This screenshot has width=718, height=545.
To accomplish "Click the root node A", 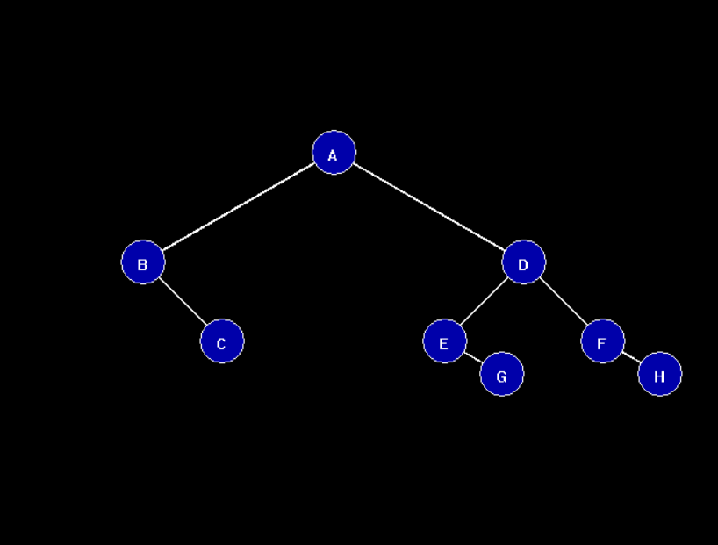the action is tap(334, 153).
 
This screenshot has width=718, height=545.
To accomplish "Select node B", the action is tap(143, 262).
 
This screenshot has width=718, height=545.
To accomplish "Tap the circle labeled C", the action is tap(222, 341).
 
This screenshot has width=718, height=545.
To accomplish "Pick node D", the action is tap(524, 262).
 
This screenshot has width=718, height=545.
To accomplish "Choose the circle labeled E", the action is tap(445, 341).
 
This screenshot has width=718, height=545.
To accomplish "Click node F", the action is tap(603, 341).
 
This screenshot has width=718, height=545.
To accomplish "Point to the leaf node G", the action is tap(502, 374).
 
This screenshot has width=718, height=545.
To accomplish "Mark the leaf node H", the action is tap(660, 374).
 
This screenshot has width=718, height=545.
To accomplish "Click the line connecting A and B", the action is tap(239, 207).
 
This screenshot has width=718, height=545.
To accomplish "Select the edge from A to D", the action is tap(428, 207).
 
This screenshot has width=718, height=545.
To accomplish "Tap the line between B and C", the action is tap(183, 301).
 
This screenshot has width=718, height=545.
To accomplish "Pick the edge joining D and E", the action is tap(485, 301).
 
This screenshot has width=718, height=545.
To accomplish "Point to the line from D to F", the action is tap(564, 301).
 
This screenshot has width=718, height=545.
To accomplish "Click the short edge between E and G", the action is tap(473, 357).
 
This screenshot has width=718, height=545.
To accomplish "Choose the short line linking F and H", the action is tap(631, 357).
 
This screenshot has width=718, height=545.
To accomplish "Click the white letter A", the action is tap(333, 156).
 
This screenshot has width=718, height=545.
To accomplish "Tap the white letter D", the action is tap(523, 265).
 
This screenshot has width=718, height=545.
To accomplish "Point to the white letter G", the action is tap(501, 377).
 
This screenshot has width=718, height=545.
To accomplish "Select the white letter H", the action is tap(659, 377).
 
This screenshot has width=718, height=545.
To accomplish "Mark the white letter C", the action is tap(221, 344).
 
